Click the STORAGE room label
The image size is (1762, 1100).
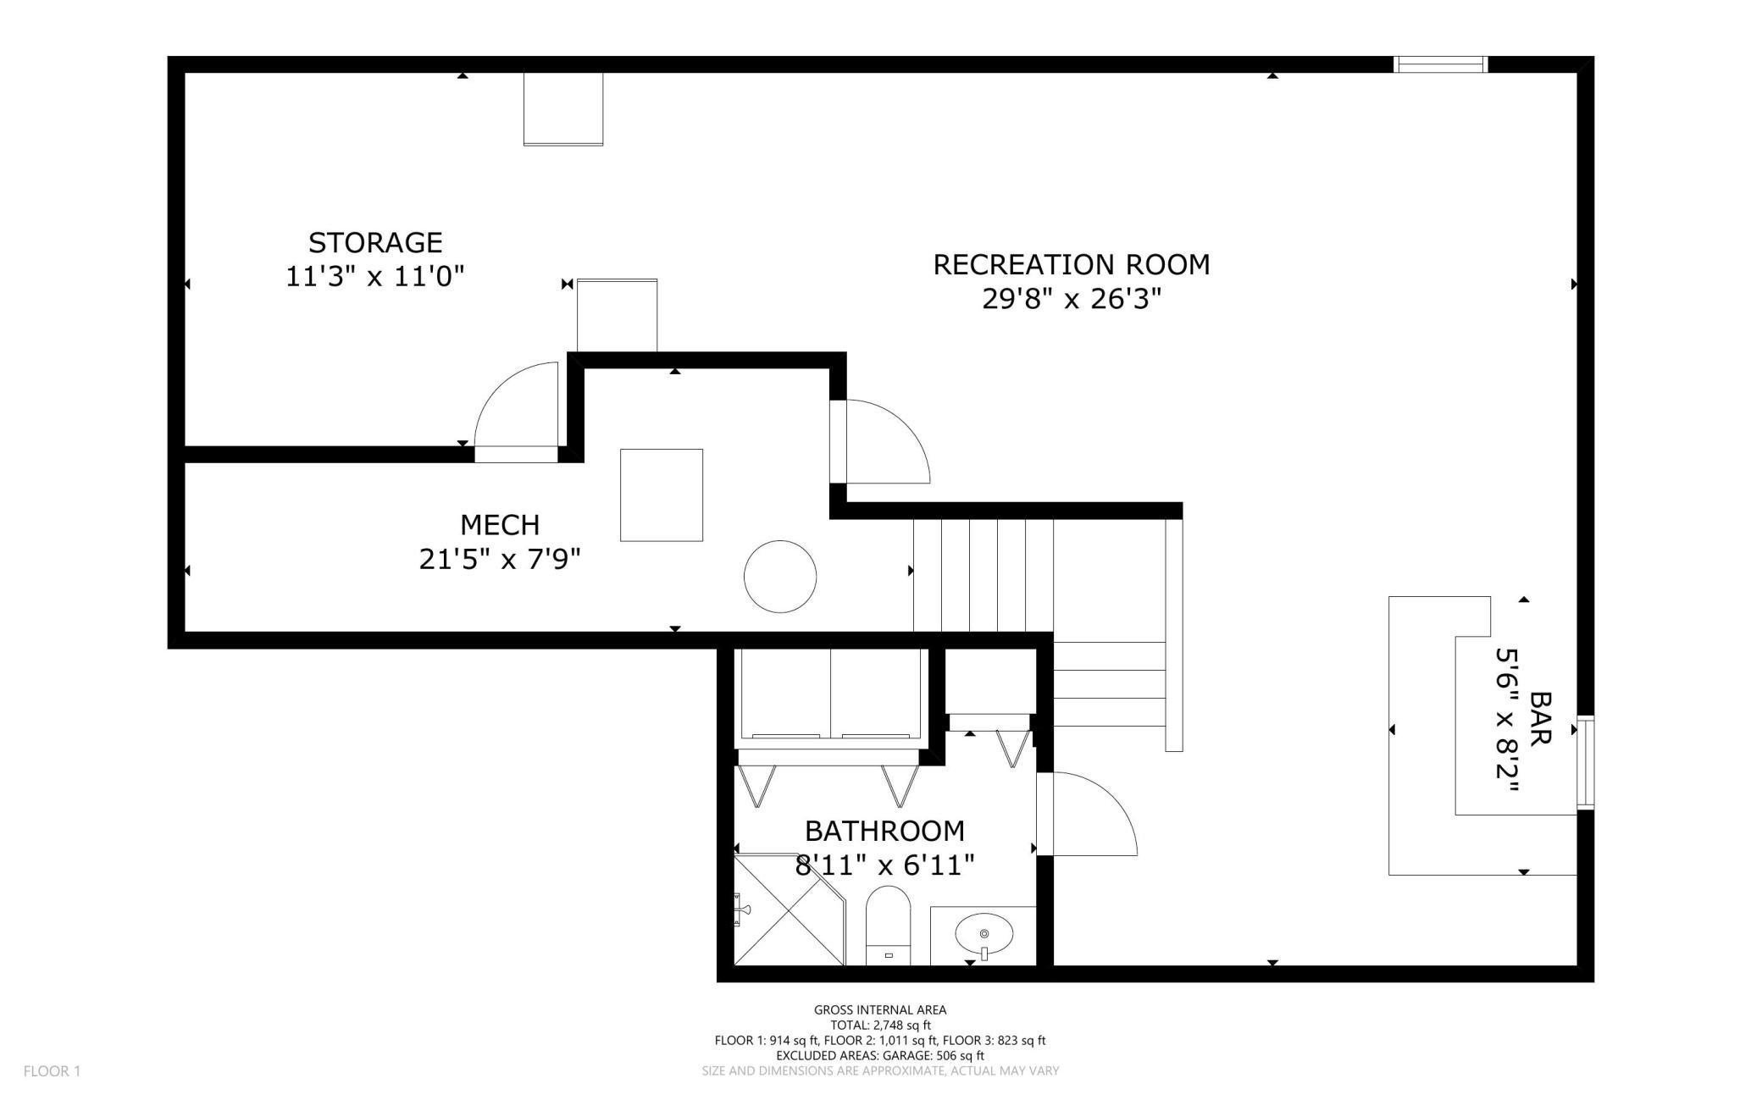[375, 243]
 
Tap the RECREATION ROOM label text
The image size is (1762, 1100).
[1072, 265]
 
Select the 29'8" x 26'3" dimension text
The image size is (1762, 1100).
[1072, 299]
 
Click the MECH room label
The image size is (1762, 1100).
[500, 525]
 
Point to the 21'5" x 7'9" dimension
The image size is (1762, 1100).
[500, 560]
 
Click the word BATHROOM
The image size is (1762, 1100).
[884, 831]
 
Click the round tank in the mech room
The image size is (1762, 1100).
[780, 577]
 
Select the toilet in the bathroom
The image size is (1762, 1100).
[888, 926]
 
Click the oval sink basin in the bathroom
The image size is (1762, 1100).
[984, 934]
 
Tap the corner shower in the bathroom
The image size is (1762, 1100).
[789, 910]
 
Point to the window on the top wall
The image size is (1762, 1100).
[1441, 64]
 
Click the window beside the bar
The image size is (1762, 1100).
[1585, 763]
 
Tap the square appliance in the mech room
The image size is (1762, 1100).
[662, 495]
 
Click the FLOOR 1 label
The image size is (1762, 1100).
[52, 1071]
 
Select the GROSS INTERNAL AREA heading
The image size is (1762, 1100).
[880, 1009]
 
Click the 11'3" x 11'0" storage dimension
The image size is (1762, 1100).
[375, 277]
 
